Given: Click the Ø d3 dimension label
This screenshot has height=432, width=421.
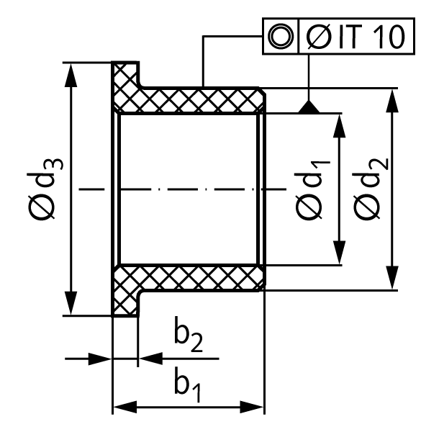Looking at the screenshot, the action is [45, 189].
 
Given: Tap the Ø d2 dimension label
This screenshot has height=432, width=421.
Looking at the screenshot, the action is [371, 189].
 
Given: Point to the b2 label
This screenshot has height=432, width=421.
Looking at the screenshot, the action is [189, 334].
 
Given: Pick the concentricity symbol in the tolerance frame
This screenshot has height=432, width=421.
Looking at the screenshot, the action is [280, 37].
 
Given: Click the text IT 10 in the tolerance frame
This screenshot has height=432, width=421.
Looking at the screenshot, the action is [372, 37].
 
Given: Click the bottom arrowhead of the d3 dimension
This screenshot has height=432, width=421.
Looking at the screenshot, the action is [71, 303].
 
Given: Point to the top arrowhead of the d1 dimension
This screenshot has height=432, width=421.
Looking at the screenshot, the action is [339, 125].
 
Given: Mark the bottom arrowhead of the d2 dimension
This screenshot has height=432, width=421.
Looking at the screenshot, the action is [392, 278].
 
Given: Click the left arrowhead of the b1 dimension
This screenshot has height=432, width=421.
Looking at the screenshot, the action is [125, 407].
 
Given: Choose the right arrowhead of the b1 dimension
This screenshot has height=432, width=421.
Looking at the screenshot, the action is [252, 407].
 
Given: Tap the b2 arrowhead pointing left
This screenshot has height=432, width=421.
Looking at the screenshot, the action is [150, 359].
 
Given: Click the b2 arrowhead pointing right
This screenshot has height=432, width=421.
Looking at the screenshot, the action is [100, 359].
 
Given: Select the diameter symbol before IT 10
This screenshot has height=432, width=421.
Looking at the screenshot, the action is [319, 37].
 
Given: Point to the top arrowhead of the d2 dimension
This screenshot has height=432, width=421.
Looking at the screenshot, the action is [392, 100].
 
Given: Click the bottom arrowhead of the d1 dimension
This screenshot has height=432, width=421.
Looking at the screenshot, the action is [339, 253].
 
